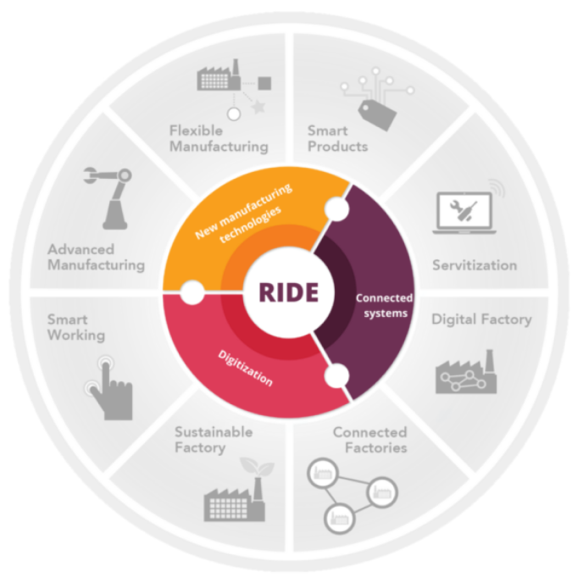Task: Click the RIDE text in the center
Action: (x=288, y=291)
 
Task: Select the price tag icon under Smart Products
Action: (x=377, y=114)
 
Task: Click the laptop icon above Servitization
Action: (x=464, y=213)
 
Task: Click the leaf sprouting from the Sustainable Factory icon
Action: (x=258, y=466)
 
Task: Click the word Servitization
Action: (x=475, y=265)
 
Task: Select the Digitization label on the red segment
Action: (x=245, y=368)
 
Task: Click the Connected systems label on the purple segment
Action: (x=385, y=305)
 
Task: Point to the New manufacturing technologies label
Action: (x=244, y=213)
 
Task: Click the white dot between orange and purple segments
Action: (x=337, y=209)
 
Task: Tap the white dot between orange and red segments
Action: (x=192, y=292)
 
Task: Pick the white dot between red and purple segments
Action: (x=337, y=375)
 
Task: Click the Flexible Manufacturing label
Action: (x=219, y=139)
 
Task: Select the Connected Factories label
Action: (x=370, y=440)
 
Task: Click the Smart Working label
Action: (x=76, y=327)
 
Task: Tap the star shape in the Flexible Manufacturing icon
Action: (x=258, y=107)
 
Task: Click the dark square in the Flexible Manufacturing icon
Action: (x=264, y=83)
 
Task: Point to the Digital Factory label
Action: (x=481, y=319)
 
